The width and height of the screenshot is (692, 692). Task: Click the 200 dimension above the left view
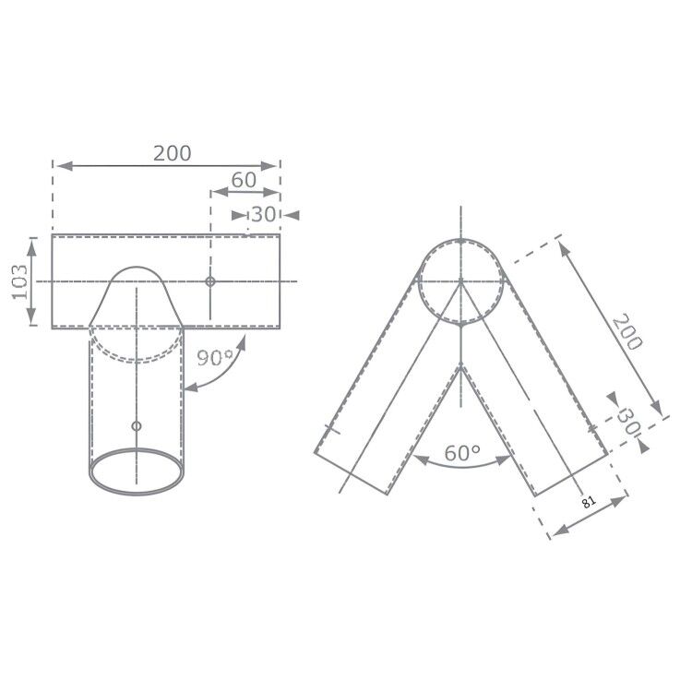click(x=173, y=153)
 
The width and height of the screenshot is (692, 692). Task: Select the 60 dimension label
click(x=244, y=180)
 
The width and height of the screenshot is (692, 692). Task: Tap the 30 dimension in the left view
click(x=264, y=214)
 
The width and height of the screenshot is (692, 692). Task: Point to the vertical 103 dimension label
click(x=19, y=280)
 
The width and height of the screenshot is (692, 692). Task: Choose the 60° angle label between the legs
click(x=461, y=453)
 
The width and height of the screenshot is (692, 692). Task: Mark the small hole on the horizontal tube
click(x=210, y=280)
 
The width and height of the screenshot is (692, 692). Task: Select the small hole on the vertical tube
click(x=137, y=425)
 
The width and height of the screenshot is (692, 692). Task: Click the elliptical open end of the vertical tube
click(x=137, y=471)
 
